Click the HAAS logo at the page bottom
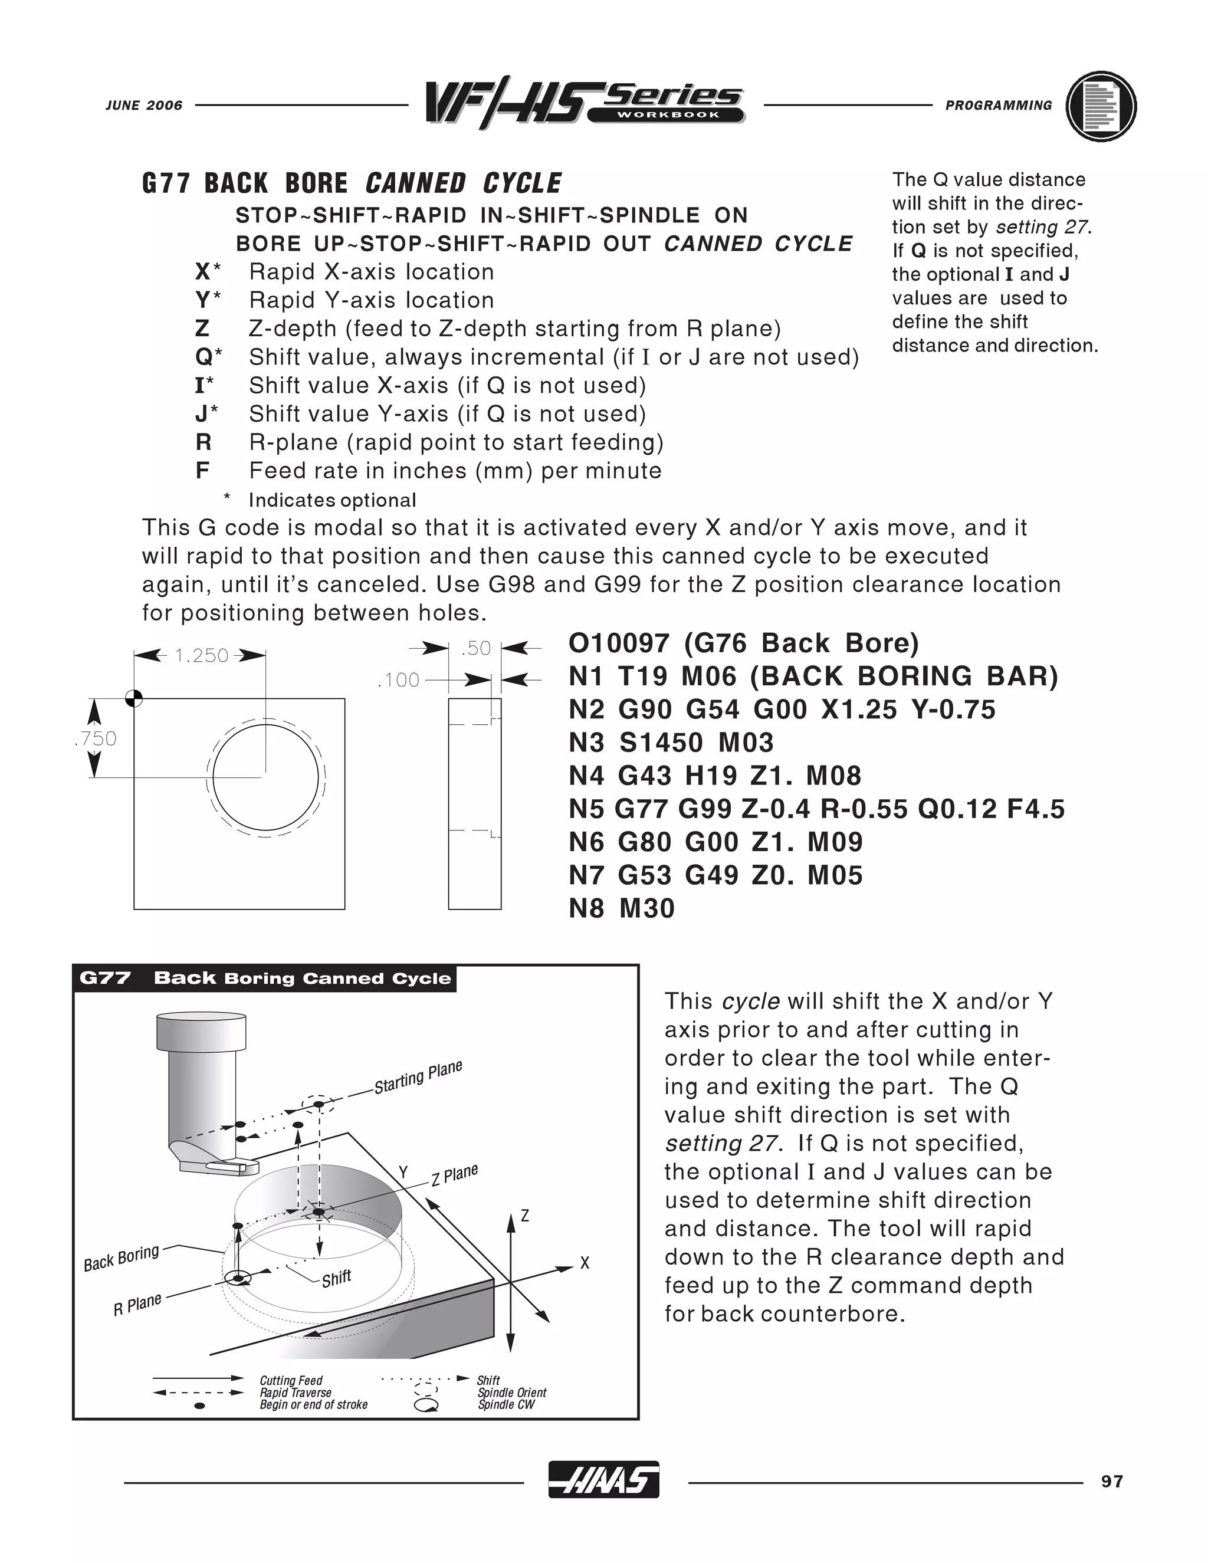click(603, 1479)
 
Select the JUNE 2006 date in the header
click(144, 105)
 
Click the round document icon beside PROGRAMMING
click(1101, 107)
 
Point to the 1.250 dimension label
click(201, 655)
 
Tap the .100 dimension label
click(399, 680)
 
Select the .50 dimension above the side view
click(476, 648)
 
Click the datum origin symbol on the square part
click(134, 698)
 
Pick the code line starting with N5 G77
click(816, 809)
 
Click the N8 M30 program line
click(621, 908)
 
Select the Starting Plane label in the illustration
click(418, 1077)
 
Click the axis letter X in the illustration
click(585, 1263)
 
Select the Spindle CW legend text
click(506, 1405)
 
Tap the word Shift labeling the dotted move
click(336, 1278)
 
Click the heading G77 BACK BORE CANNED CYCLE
click(352, 183)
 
